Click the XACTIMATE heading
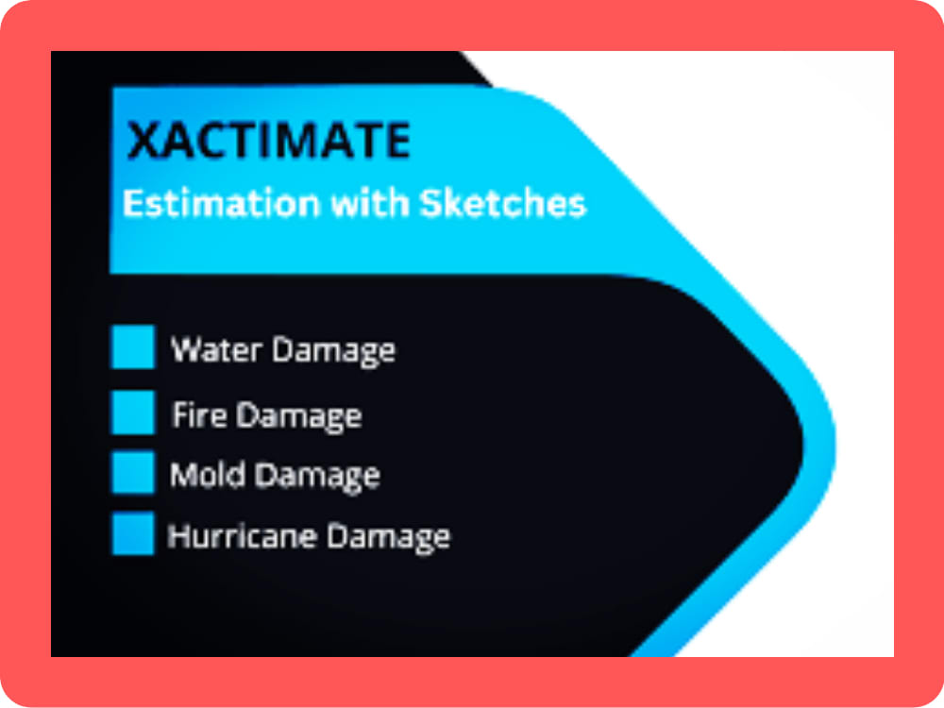[x=269, y=142]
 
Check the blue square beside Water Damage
[x=132, y=347]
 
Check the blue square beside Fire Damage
[x=132, y=413]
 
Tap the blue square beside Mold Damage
[x=132, y=472]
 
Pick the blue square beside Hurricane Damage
[x=132, y=533]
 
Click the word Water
[x=216, y=350]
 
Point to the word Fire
[x=199, y=415]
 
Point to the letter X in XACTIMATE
[x=143, y=142]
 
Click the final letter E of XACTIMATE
[x=396, y=142]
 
